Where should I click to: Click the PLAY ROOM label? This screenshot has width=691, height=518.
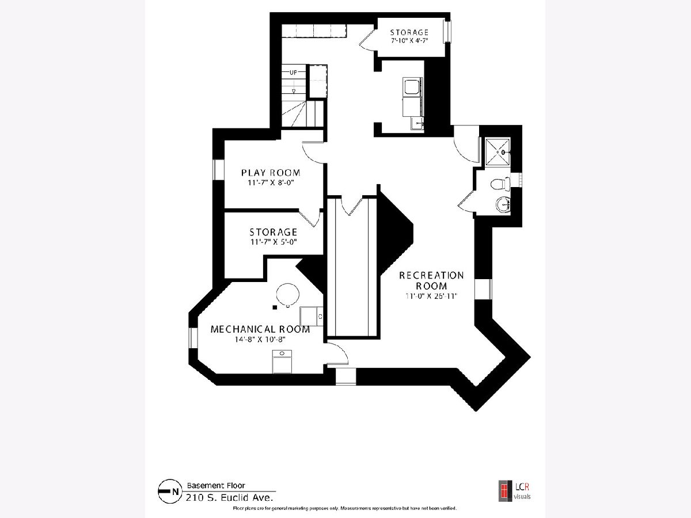[x=271, y=173]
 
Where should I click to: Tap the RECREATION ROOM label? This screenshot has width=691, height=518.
[x=431, y=280]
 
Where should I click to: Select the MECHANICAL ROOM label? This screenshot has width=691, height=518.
[x=260, y=329]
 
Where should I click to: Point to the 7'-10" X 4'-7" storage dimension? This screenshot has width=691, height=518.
[x=409, y=40]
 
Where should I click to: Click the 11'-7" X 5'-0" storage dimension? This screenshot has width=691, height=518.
[x=274, y=242]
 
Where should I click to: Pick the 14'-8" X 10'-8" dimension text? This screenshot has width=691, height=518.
[x=260, y=340]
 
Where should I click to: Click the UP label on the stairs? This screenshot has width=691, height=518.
[x=293, y=73]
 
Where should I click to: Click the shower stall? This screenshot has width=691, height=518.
[x=498, y=151]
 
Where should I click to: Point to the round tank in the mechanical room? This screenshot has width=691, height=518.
[x=287, y=295]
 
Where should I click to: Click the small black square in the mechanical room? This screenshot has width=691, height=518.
[x=275, y=307]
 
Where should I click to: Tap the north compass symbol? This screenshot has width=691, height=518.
[x=170, y=491]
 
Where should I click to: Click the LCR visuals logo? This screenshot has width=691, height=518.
[x=515, y=490]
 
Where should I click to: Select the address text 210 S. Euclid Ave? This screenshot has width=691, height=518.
[x=229, y=497]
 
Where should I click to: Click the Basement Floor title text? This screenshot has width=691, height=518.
[x=216, y=485]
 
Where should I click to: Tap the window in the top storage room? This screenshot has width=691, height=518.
[x=447, y=32]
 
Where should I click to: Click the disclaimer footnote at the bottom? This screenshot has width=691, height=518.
[x=345, y=508]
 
